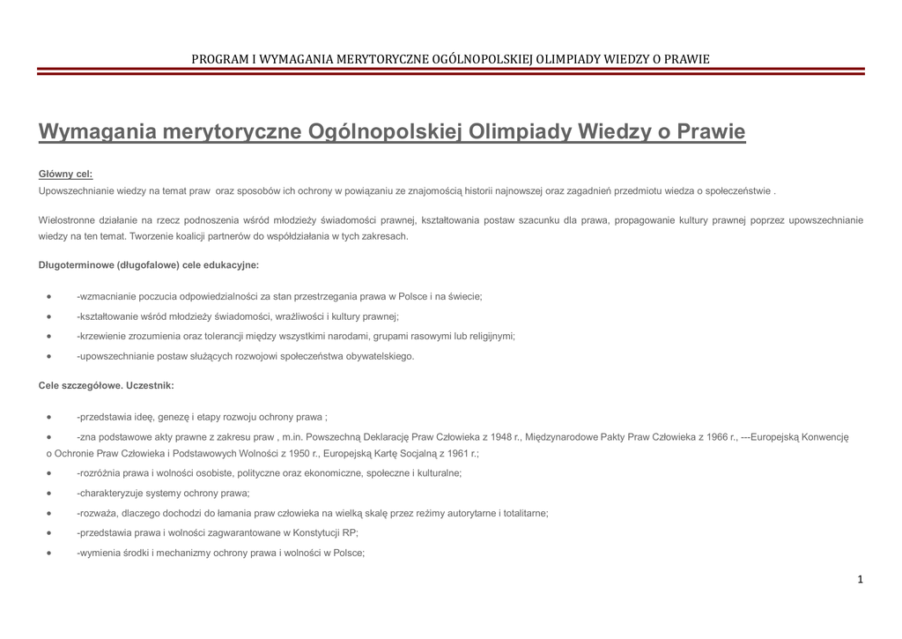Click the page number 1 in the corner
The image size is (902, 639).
pyautogui.click(x=860, y=579)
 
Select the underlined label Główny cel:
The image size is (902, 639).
pyautogui.click(x=65, y=174)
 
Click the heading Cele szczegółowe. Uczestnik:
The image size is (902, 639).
pyautogui.click(x=107, y=385)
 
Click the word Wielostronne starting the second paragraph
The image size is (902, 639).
pyautogui.click(x=68, y=219)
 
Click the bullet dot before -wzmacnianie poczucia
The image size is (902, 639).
pyautogui.click(x=48, y=297)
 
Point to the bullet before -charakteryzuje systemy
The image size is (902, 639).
pyautogui.click(x=48, y=494)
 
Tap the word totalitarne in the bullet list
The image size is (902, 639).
pyautogui.click(x=524, y=513)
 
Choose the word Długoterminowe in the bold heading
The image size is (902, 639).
pyautogui.click(x=76, y=264)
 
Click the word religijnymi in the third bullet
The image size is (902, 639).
pyautogui.click(x=488, y=336)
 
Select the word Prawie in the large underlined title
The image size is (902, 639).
pyautogui.click(x=713, y=133)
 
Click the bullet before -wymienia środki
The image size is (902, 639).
pyautogui.click(x=48, y=554)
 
